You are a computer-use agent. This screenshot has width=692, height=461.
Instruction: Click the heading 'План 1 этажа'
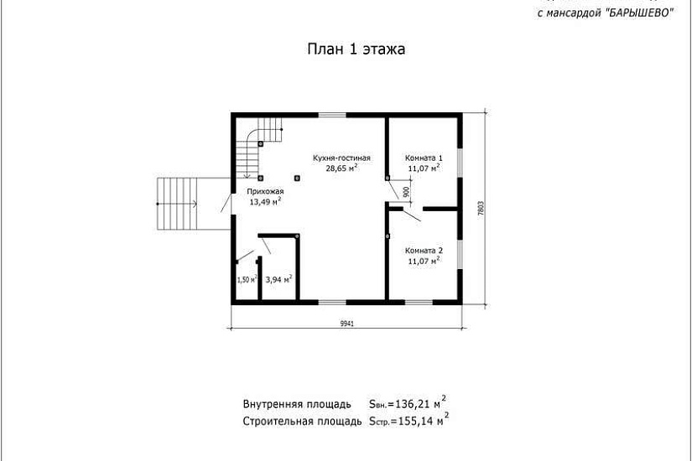pyautogui.click(x=356, y=49)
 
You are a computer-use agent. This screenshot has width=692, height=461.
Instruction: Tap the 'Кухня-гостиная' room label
pyautogui.click(x=341, y=157)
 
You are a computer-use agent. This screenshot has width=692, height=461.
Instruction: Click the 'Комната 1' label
pyautogui.click(x=424, y=158)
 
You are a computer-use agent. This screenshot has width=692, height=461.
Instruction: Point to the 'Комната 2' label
pyautogui.click(x=424, y=251)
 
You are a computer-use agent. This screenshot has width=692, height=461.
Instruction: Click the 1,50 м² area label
pyautogui.click(x=246, y=280)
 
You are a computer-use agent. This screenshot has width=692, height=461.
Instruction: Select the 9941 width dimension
pyautogui.click(x=346, y=323)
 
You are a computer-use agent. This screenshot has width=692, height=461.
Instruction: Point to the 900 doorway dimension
pyautogui.click(x=406, y=191)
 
